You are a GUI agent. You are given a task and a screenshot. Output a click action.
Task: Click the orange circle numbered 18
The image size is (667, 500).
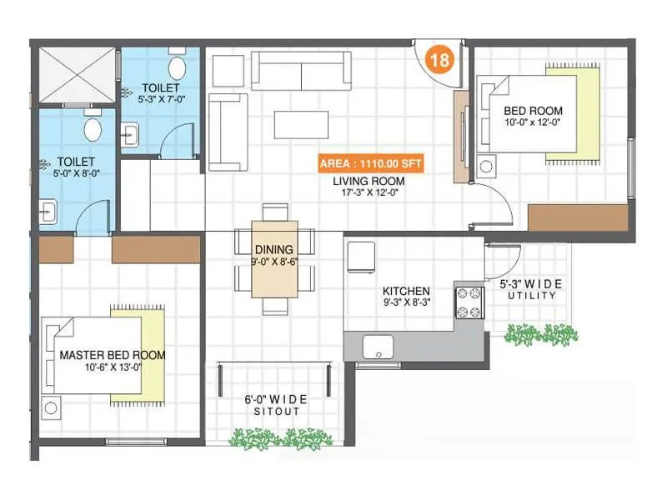tap(440, 61)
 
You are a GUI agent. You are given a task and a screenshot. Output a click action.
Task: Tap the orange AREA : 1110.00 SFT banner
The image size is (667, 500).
tap(370, 163)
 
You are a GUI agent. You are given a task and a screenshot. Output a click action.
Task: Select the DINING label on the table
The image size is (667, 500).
tap(274, 249)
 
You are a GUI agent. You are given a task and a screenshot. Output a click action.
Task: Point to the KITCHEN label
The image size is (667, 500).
tap(406, 291)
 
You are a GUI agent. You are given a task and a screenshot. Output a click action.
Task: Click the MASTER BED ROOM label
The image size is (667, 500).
tap(113, 355)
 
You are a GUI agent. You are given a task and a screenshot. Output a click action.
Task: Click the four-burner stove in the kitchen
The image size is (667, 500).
tap(468, 302)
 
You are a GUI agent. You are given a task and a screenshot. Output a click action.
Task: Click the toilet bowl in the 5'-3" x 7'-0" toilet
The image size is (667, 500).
tap(176, 66)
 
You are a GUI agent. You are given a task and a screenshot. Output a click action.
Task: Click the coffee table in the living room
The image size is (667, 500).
tap(301, 123)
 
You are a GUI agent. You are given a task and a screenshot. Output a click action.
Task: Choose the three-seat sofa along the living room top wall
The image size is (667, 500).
tap(301, 70)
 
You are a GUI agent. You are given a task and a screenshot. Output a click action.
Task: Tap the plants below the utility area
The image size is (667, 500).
tap(540, 334)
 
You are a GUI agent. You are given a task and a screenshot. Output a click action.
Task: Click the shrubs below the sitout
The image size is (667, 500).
tap(280, 438)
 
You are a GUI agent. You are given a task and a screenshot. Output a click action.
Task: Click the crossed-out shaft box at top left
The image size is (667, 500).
tap(78, 74)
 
